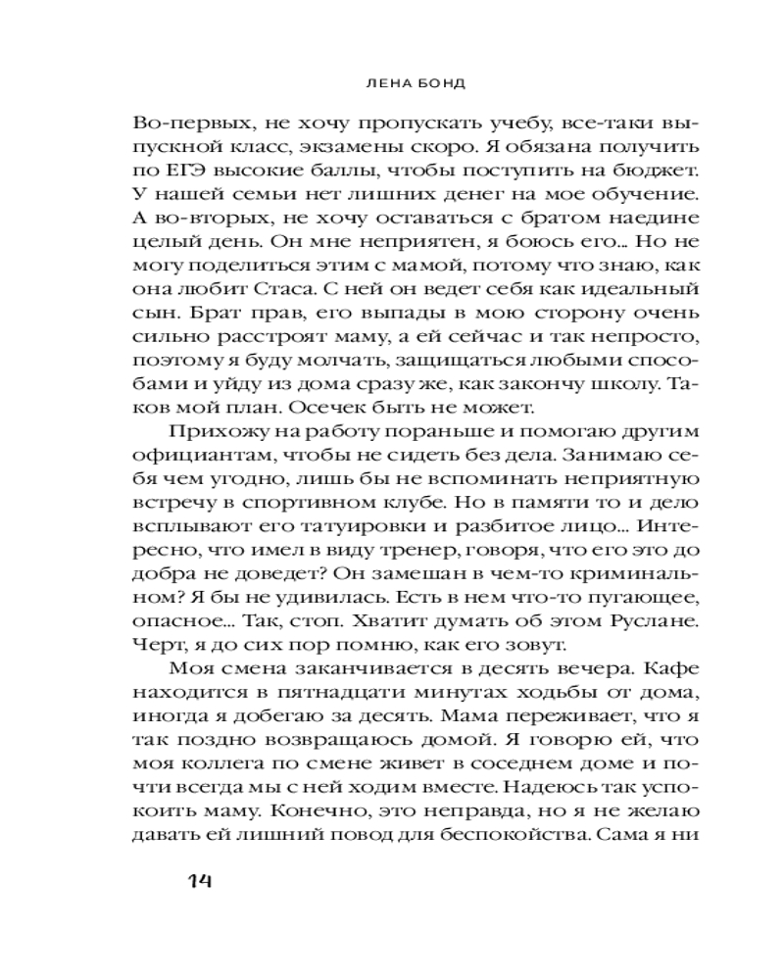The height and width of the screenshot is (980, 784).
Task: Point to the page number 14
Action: click(x=199, y=880)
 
